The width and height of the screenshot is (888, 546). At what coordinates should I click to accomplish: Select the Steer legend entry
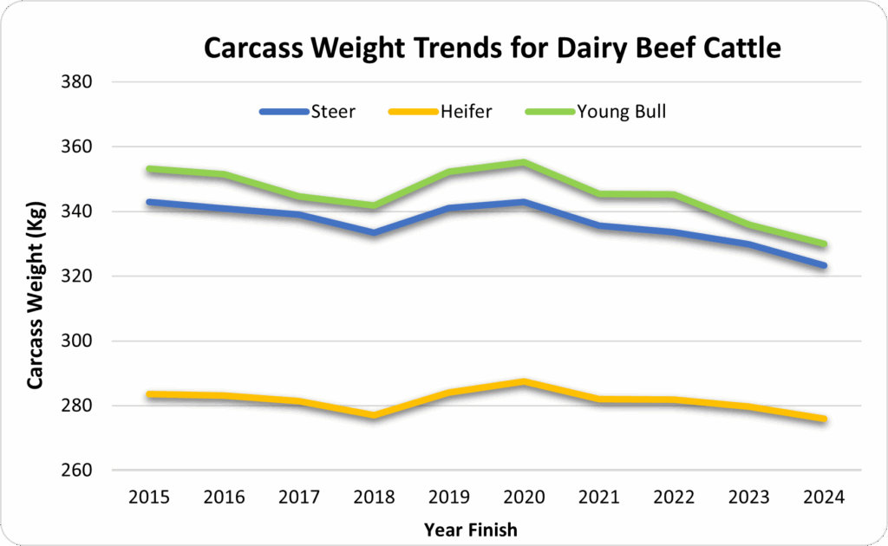coord(333,112)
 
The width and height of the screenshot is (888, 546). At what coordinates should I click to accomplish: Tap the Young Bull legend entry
coord(622,112)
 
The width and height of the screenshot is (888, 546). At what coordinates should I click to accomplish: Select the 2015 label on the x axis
coord(148,497)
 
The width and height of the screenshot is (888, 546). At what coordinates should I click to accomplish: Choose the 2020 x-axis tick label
coord(525,497)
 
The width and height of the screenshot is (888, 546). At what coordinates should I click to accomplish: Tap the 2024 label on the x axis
coord(826,497)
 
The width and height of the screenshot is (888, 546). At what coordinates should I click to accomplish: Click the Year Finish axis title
coord(471,529)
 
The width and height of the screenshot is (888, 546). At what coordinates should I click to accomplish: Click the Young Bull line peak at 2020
coord(525,162)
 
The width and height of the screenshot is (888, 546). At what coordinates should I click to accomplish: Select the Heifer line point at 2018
coord(374,416)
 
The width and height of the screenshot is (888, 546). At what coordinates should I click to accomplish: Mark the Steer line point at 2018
coord(374,232)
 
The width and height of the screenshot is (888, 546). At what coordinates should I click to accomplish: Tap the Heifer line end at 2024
coord(825,419)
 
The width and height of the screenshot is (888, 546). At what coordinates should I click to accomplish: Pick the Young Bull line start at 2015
coord(148,169)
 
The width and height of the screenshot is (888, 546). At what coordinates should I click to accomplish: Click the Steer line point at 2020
coord(525,202)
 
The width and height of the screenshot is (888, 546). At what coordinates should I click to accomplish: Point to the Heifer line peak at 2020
coord(525,381)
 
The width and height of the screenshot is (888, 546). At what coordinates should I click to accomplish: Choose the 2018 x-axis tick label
coord(374,497)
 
